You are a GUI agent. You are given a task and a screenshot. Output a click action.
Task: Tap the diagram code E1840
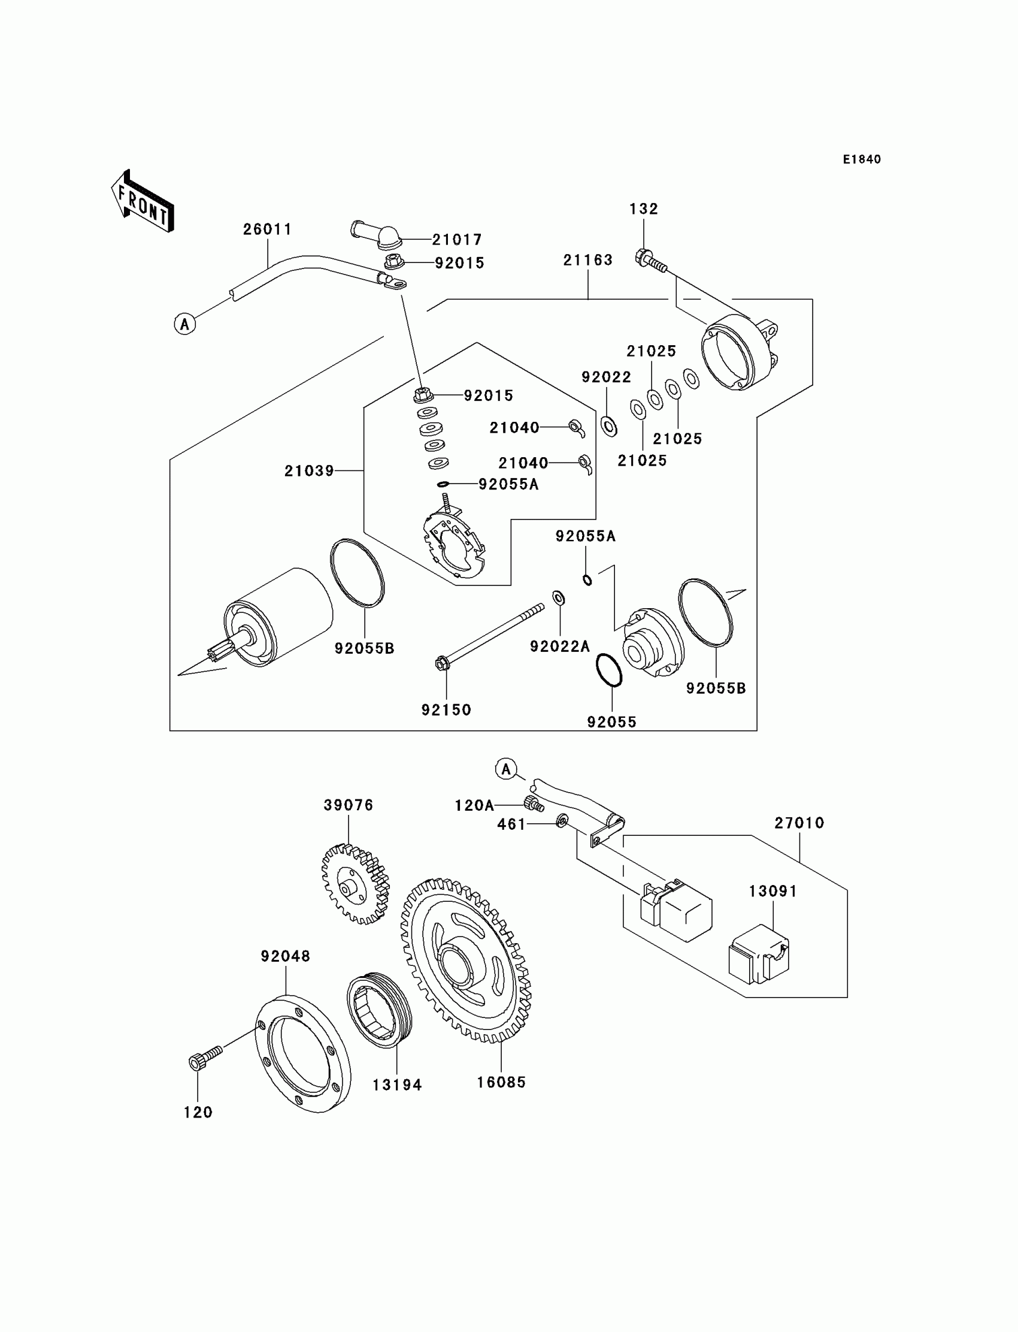(x=861, y=159)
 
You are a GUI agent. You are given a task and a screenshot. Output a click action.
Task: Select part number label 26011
(x=267, y=229)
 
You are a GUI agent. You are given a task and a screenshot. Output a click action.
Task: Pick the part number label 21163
(x=588, y=260)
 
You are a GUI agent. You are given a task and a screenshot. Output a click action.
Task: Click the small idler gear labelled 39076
(x=355, y=884)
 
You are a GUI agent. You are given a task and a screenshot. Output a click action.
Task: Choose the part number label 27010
(x=799, y=823)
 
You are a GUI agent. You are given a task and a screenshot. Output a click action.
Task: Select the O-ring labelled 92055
(x=609, y=670)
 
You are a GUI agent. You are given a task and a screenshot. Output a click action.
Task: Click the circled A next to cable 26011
(x=185, y=324)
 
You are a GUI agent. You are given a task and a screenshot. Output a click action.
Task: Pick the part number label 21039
(x=309, y=470)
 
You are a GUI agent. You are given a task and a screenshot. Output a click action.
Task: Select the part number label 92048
(x=286, y=956)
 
